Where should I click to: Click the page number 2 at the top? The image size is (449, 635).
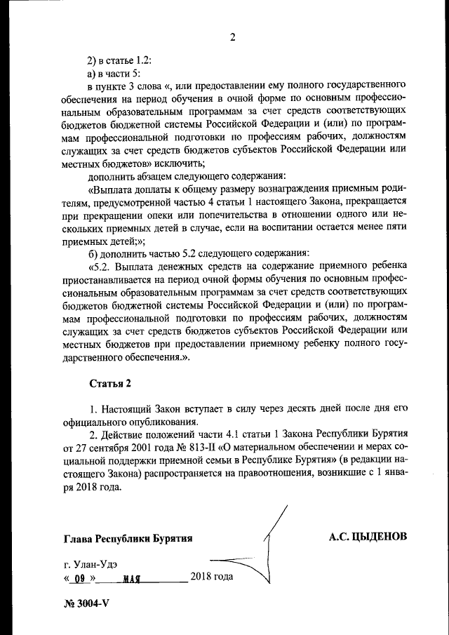[232, 37]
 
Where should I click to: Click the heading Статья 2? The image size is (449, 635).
[110, 383]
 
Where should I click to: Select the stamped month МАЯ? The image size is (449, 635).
[131, 580]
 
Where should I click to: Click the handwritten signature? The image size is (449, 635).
[270, 554]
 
